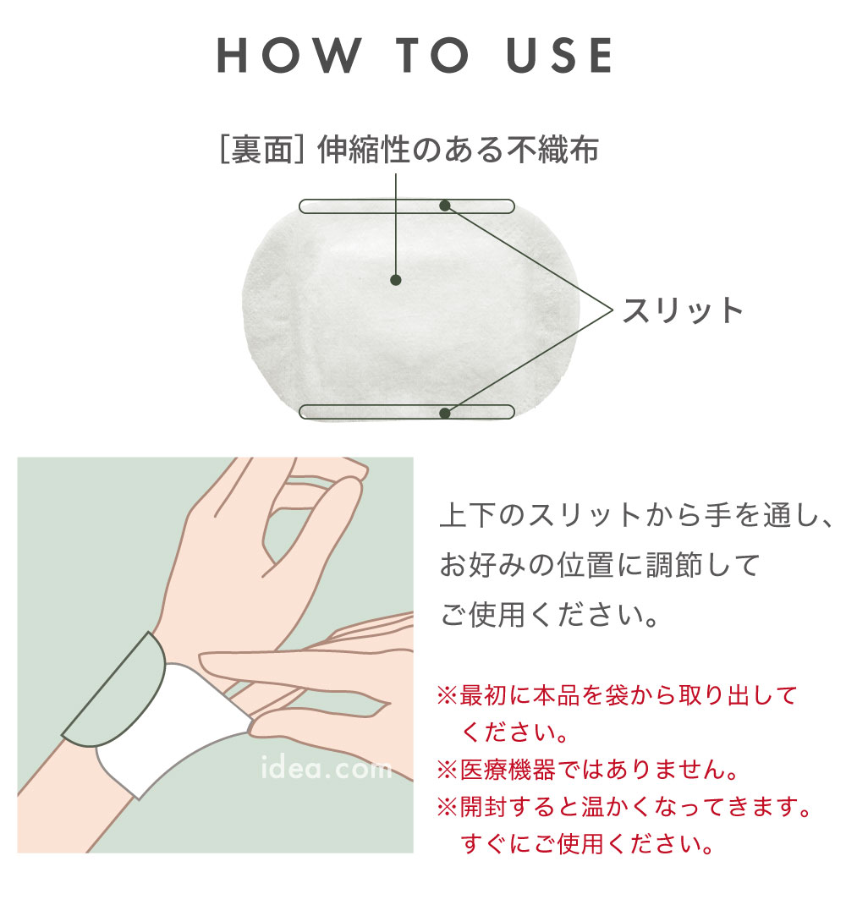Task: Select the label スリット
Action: coord(683,310)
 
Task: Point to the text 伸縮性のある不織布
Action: coord(458,151)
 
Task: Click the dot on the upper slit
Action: coord(444,206)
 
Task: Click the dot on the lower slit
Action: coord(444,413)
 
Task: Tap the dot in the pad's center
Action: coord(396,280)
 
